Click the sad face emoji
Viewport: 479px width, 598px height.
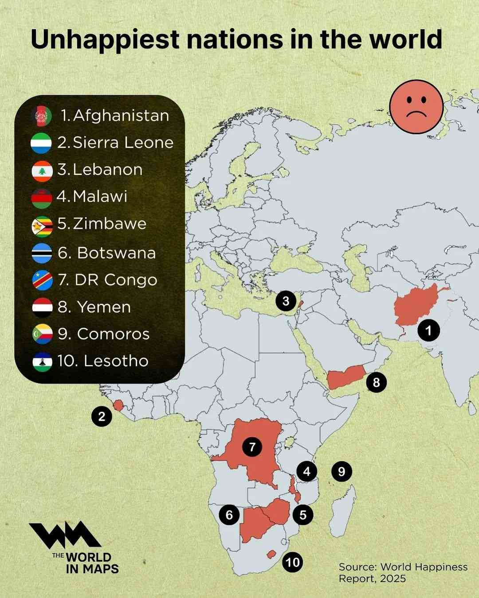pyautogui.click(x=416, y=106)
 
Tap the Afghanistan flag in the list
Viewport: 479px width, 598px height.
pyautogui.click(x=42, y=116)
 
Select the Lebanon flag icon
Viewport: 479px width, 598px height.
pyautogui.click(x=42, y=170)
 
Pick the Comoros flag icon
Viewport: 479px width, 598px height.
pyautogui.click(x=42, y=334)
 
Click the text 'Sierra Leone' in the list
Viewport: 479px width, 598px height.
pyautogui.click(x=123, y=143)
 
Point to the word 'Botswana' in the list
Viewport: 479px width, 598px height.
pyautogui.click(x=116, y=253)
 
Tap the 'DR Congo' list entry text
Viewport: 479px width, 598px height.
pyautogui.click(x=116, y=280)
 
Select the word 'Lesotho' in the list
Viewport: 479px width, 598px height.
pyautogui.click(x=116, y=361)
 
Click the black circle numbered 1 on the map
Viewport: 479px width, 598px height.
pyautogui.click(x=428, y=330)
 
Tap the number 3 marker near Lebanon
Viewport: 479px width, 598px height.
pyautogui.click(x=286, y=301)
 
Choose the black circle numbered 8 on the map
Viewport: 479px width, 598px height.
pyautogui.click(x=376, y=382)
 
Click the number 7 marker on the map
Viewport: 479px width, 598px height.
pyautogui.click(x=252, y=447)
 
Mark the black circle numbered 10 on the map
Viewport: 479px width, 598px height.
pyautogui.click(x=292, y=563)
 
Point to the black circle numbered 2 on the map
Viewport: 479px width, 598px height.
pyautogui.click(x=102, y=416)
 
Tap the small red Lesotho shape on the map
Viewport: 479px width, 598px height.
pyautogui.click(x=271, y=554)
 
